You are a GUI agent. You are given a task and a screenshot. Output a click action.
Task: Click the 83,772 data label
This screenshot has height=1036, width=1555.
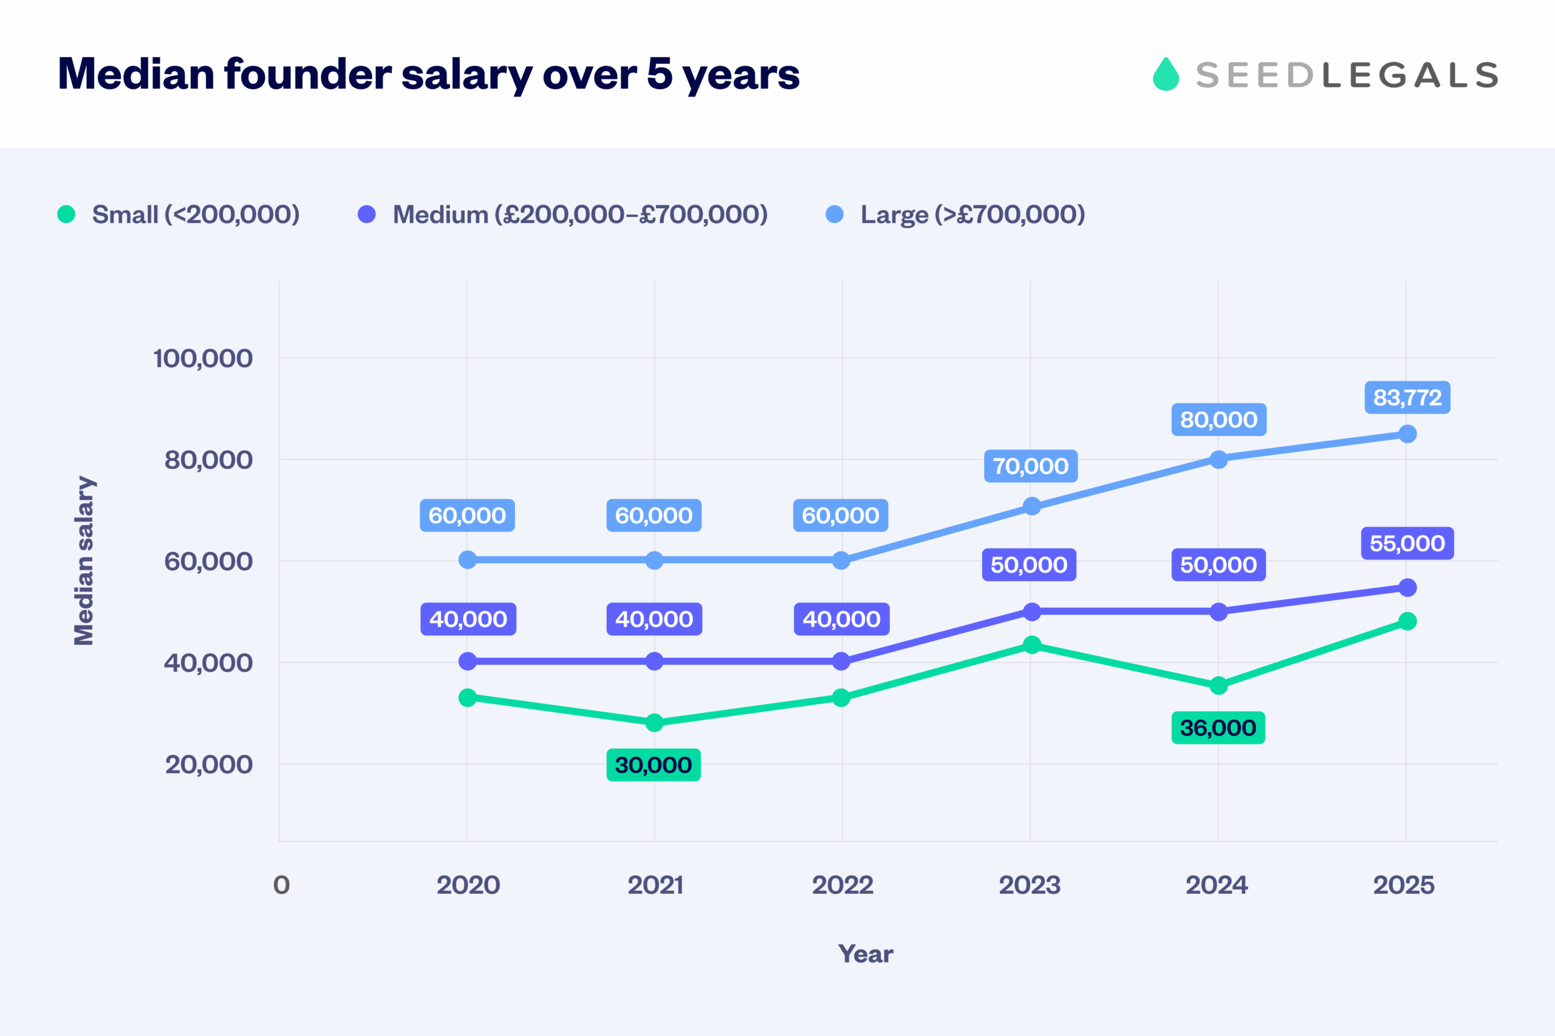click(x=1407, y=398)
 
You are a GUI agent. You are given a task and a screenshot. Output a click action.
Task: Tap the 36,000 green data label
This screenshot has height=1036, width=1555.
click(x=1218, y=728)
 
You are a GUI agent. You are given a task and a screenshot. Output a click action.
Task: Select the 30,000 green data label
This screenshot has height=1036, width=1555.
click(x=654, y=765)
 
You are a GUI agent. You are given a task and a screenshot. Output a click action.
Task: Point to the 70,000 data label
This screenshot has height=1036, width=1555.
click(x=1030, y=466)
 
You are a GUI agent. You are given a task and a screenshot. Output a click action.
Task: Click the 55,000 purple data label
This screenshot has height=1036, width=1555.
click(x=1407, y=544)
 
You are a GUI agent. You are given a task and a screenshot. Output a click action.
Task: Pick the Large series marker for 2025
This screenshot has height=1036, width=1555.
click(x=1407, y=434)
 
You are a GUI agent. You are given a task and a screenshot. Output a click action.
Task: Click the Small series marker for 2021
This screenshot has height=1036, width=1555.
click(x=654, y=723)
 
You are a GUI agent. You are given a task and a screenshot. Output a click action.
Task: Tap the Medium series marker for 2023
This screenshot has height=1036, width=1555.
click(x=1031, y=612)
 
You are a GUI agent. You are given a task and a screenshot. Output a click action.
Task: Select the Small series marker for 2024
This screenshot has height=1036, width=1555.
click(x=1218, y=686)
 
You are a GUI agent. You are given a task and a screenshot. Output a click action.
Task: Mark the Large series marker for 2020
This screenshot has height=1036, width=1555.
click(x=467, y=560)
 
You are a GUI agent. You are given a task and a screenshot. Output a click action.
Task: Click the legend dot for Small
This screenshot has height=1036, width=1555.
click(x=66, y=214)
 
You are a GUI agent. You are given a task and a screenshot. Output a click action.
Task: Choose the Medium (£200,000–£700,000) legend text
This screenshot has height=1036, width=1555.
click(x=579, y=215)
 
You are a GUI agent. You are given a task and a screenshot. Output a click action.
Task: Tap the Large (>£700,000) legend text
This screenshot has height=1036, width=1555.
click(x=972, y=215)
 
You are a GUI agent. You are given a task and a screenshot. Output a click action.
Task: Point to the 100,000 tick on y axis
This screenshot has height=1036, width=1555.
click(x=203, y=359)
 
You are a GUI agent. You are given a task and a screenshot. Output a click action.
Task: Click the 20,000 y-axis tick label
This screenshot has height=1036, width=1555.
click(x=208, y=765)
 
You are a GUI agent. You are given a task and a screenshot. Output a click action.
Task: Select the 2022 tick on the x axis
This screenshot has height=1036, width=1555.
click(x=842, y=885)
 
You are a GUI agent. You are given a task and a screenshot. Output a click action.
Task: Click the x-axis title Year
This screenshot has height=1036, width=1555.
click(x=865, y=954)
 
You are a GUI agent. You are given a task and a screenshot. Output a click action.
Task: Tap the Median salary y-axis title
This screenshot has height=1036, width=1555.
click(x=84, y=561)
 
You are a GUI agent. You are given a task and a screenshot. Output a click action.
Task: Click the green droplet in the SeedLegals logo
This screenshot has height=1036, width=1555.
click(x=1166, y=75)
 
